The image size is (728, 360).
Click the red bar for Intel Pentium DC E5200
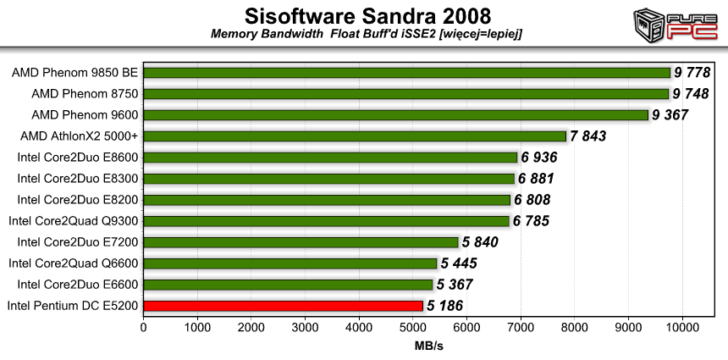pyautogui.click(x=283, y=305)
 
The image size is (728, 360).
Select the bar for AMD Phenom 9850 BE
pyautogui.click(x=406, y=72)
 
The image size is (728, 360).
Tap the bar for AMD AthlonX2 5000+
pyautogui.click(x=355, y=136)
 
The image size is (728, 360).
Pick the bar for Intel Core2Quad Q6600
pyautogui.click(x=290, y=263)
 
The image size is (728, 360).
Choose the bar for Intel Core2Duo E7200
pyautogui.click(x=301, y=241)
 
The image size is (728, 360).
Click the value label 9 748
pyautogui.click(x=696, y=93)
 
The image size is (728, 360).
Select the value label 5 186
pyautogui.click(x=449, y=305)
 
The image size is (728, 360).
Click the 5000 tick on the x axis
pyautogui.click(x=412, y=326)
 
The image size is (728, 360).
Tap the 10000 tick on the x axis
pyautogui.click(x=681, y=326)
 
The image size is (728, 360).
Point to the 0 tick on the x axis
pyautogui.click(x=144, y=326)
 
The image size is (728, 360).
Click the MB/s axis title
pyautogui.click(x=429, y=346)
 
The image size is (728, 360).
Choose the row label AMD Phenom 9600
pyautogui.click(x=85, y=114)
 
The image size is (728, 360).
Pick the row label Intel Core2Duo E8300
pyautogui.click(x=78, y=178)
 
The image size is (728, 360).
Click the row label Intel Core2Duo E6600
pyautogui.click(x=78, y=284)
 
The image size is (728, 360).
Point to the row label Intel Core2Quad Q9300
pyautogui.click(x=74, y=220)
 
